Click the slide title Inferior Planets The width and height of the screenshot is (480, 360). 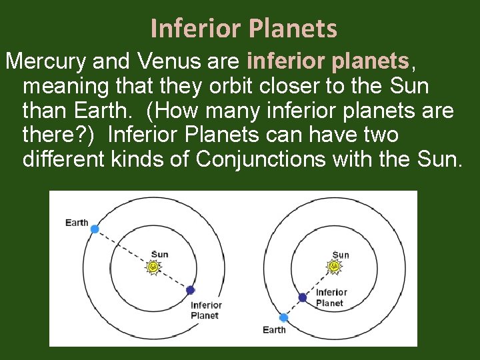click(x=244, y=29)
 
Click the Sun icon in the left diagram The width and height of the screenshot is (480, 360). click(x=154, y=267)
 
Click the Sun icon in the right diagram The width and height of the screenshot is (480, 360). click(x=335, y=267)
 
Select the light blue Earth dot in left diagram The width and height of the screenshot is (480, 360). click(x=95, y=229)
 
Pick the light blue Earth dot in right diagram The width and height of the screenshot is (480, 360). click(x=283, y=317)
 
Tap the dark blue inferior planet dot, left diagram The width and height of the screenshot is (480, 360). click(x=190, y=290)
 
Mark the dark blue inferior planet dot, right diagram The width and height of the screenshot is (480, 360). click(x=302, y=297)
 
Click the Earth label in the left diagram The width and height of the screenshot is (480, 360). click(x=77, y=223)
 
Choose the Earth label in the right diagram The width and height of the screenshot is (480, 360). click(x=274, y=330)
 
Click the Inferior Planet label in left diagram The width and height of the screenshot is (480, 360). click(x=206, y=311)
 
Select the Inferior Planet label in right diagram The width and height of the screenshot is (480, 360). click(x=331, y=297)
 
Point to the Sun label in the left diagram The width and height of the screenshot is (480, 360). click(x=160, y=254)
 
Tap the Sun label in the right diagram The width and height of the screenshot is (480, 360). click(x=341, y=255)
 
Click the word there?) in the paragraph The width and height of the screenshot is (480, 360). click(x=60, y=135)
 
